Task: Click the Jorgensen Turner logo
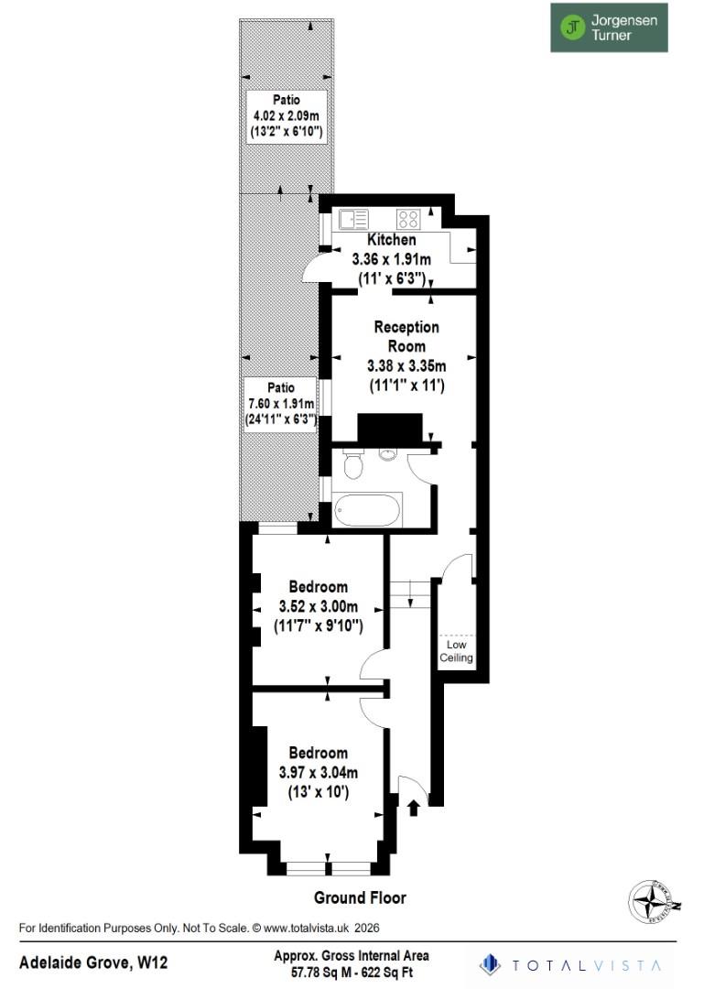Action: click(609, 27)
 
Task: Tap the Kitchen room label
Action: click(391, 240)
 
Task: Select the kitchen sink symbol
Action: click(352, 220)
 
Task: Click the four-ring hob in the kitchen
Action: click(408, 220)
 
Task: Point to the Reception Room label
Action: click(406, 336)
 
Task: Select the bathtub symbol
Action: click(366, 510)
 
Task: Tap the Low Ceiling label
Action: click(456, 651)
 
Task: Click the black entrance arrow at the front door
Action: click(413, 807)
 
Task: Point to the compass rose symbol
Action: click(655, 901)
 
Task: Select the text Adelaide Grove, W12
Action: click(94, 962)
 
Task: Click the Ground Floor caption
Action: click(360, 897)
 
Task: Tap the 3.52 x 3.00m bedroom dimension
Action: click(318, 606)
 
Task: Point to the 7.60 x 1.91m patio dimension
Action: click(281, 405)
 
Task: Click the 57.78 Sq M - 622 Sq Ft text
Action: click(352, 971)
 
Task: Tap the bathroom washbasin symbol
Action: click(386, 453)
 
